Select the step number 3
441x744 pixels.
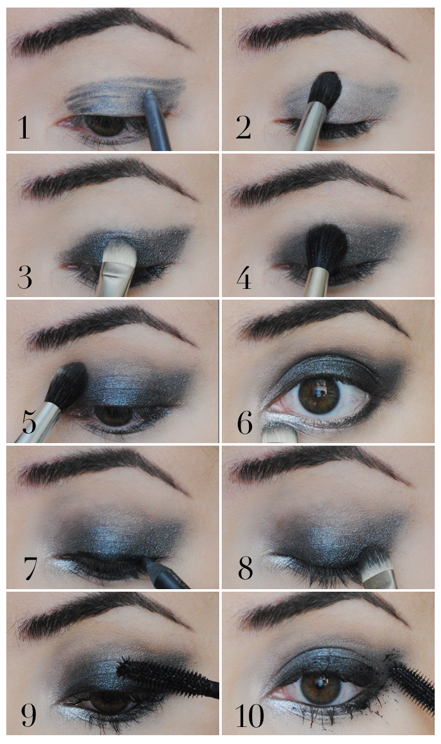point(24,277)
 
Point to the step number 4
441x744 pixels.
point(244,278)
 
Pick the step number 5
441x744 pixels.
point(28,423)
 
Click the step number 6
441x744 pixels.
point(244,423)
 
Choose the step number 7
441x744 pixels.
point(30,568)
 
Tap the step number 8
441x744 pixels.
point(245,568)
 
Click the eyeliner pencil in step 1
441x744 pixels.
point(157,120)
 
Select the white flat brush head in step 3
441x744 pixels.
point(120,254)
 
